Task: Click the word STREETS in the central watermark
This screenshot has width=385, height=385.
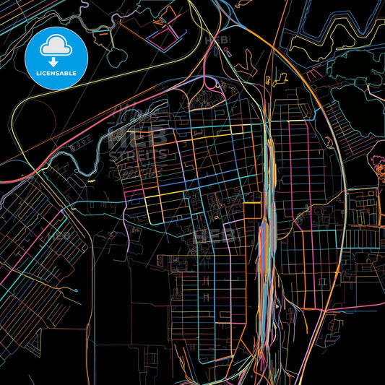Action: (x=137, y=154)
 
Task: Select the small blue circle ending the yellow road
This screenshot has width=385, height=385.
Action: (x=76, y=290)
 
